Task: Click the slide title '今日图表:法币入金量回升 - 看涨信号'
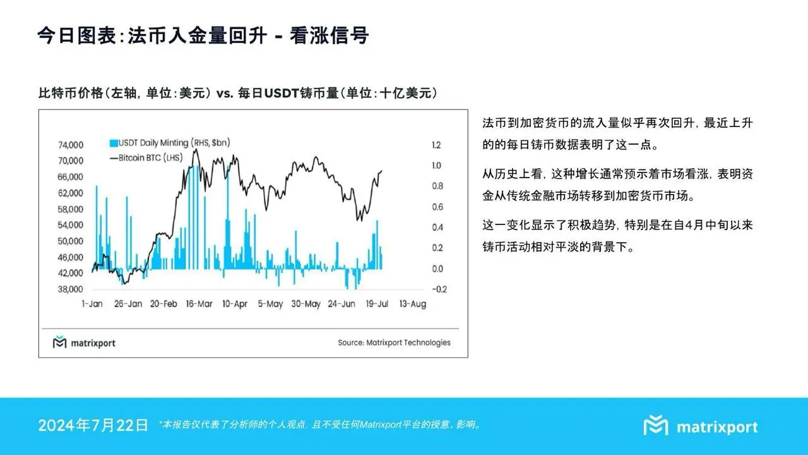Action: point(203,35)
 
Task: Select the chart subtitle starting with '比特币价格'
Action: point(237,94)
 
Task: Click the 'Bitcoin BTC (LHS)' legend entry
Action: point(146,157)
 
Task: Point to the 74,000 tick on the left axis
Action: point(71,145)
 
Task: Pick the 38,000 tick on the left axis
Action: point(71,289)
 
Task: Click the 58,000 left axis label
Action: point(71,209)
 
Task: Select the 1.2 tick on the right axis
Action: point(436,145)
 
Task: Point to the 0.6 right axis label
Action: point(436,207)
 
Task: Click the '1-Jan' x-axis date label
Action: point(92,304)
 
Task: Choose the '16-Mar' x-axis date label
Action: point(199,304)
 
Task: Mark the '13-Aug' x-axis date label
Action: point(413,304)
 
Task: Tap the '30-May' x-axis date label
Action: point(306,304)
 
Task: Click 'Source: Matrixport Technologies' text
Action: point(394,343)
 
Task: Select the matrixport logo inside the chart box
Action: point(84,343)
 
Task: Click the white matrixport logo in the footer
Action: point(701,427)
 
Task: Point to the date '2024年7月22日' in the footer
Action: point(93,425)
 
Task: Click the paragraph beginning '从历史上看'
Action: point(617,183)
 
